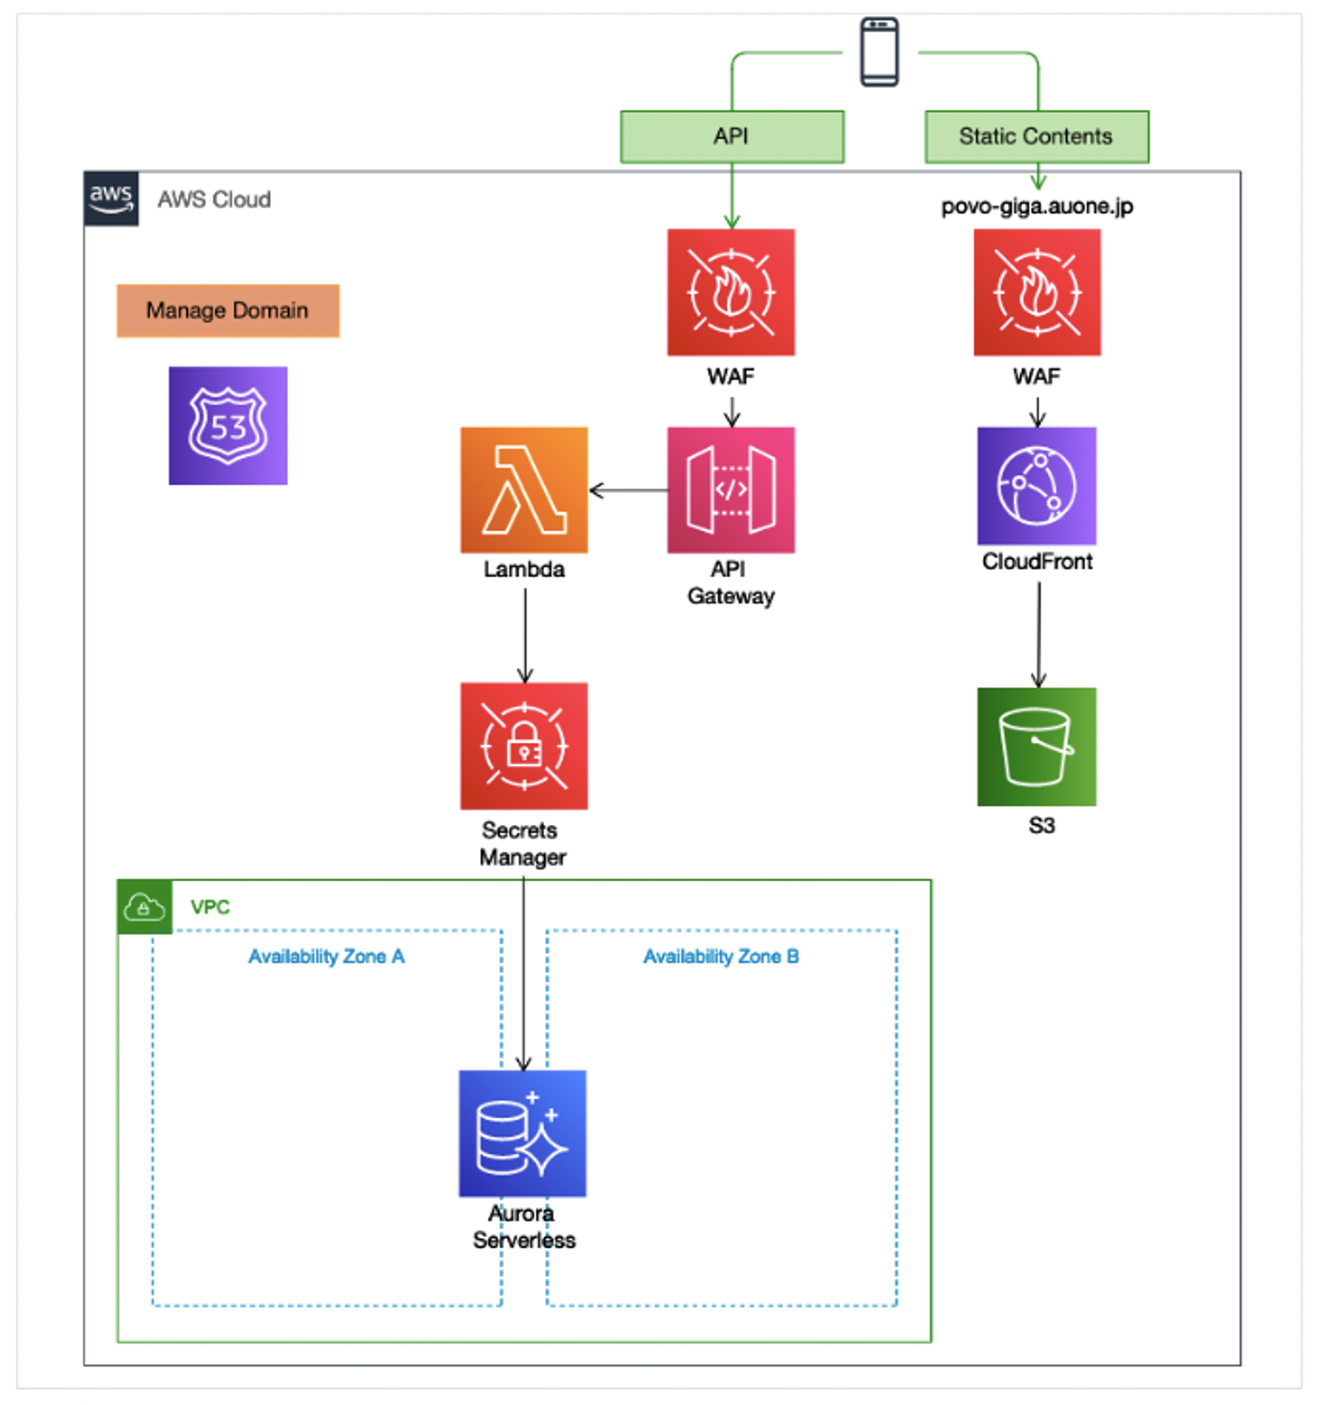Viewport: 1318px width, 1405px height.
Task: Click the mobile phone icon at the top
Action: pyautogui.click(x=879, y=52)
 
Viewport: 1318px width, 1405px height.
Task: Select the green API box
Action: pyautogui.click(x=732, y=137)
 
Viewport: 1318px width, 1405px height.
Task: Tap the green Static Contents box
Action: pyautogui.click(x=1037, y=137)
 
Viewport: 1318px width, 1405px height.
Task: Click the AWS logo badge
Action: pyautogui.click(x=111, y=198)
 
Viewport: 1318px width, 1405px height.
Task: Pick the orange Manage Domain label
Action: pyautogui.click(x=228, y=310)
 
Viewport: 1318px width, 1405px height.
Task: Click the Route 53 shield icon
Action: pyautogui.click(x=228, y=425)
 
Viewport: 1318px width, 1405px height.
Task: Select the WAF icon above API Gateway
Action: pyautogui.click(x=731, y=292)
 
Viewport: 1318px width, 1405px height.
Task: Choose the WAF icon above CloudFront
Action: pyautogui.click(x=1037, y=292)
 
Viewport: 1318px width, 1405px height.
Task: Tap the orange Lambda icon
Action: pyautogui.click(x=524, y=490)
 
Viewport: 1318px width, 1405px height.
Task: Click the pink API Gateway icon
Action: pyautogui.click(x=731, y=490)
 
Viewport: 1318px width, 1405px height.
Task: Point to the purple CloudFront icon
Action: pyautogui.click(x=1037, y=485)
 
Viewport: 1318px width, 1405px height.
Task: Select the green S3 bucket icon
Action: pyautogui.click(x=1037, y=746)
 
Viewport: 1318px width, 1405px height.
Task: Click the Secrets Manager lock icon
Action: pyautogui.click(x=524, y=746)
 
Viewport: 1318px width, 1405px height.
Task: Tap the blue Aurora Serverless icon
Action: pyautogui.click(x=523, y=1133)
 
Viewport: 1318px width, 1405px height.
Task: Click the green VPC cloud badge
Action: pyautogui.click(x=144, y=907)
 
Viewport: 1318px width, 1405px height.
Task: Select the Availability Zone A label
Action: pyautogui.click(x=326, y=956)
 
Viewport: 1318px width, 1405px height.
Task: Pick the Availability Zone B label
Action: pyautogui.click(x=721, y=956)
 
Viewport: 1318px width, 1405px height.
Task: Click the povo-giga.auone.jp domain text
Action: pyautogui.click(x=1037, y=206)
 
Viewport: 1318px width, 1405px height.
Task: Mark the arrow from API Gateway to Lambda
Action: pyautogui.click(x=628, y=490)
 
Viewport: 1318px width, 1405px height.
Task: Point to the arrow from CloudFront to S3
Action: pyautogui.click(x=1038, y=635)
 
